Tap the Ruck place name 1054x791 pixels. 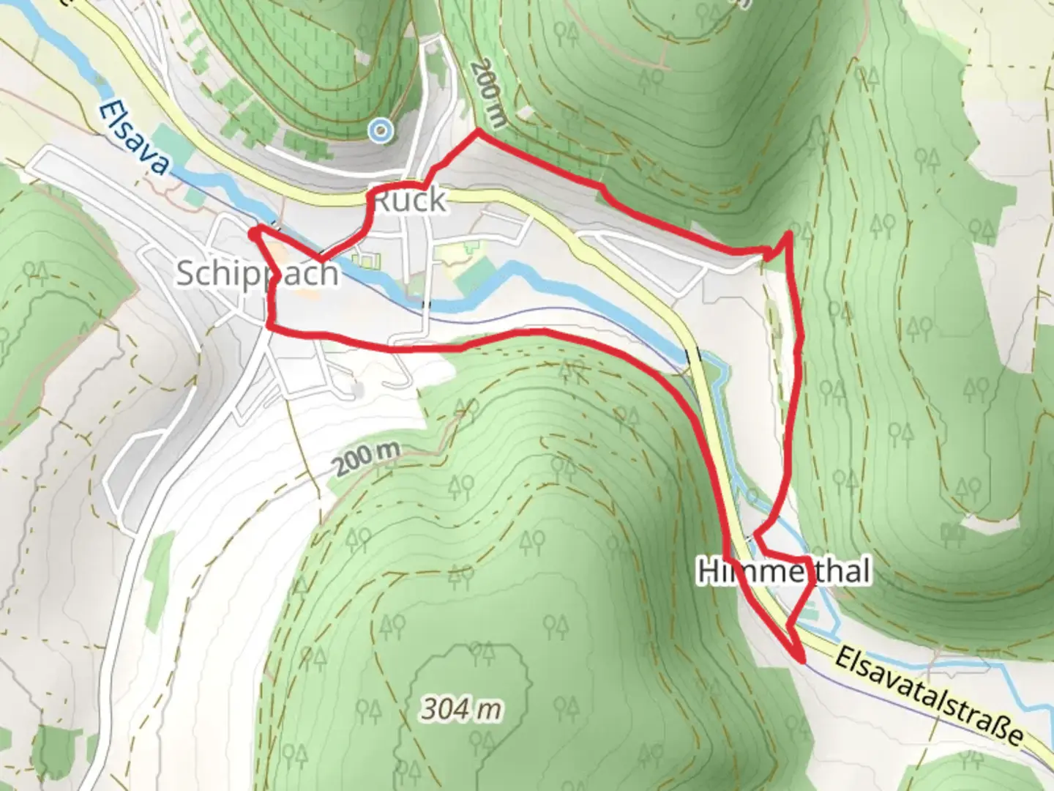(409, 200)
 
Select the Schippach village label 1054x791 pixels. (258, 273)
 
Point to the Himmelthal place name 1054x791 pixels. (784, 571)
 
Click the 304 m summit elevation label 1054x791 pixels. (462, 708)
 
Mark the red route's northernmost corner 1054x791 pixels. (478, 132)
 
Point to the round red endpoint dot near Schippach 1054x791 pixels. (253, 233)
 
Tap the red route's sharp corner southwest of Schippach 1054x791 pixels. (269, 324)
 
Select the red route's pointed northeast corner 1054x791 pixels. (789, 234)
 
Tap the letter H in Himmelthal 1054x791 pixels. (707, 571)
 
